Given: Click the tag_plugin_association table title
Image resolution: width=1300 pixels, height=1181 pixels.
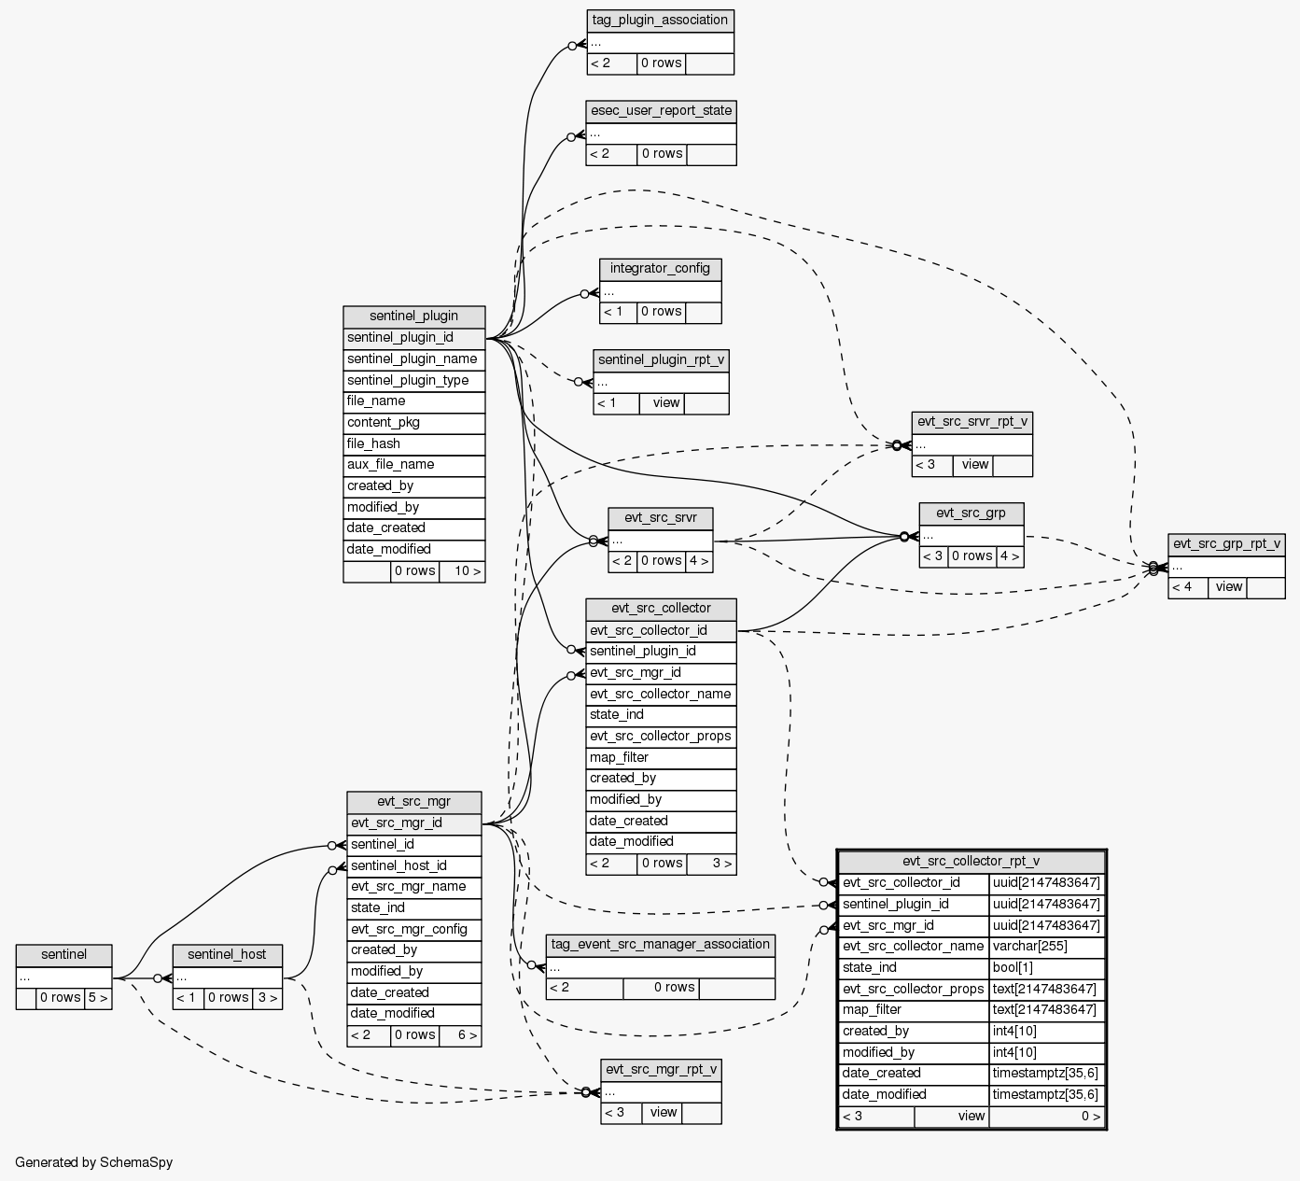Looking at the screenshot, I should [x=660, y=21].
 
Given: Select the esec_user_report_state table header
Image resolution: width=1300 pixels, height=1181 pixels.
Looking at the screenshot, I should [x=661, y=111].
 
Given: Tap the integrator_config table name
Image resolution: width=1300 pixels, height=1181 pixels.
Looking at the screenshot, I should [x=660, y=269].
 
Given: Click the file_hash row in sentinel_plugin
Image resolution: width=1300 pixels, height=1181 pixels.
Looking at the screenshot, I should [x=413, y=443].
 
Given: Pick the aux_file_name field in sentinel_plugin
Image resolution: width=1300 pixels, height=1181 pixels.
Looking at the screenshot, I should [x=413, y=465].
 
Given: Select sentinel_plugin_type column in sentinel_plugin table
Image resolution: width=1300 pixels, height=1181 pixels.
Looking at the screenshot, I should [x=413, y=380].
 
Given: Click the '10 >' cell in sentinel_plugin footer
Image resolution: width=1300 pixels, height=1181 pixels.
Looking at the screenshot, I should [x=462, y=571].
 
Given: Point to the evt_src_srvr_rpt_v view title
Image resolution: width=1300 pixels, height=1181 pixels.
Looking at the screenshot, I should [x=972, y=422].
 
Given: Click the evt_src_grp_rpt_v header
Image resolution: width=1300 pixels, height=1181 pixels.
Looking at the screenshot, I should [x=1226, y=544].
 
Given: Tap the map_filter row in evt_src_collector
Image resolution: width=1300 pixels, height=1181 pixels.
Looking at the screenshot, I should [x=661, y=757].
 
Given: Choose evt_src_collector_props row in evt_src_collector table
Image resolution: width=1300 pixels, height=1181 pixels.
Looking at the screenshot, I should [x=661, y=737].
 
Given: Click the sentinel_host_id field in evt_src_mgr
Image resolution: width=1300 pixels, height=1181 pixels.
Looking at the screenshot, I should [x=413, y=865].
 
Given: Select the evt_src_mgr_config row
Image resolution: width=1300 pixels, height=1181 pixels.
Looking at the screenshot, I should [x=413, y=929].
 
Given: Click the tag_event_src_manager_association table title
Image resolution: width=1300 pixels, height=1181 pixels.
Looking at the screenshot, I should [x=660, y=944].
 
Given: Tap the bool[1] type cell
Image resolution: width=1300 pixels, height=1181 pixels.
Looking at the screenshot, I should [x=1047, y=967].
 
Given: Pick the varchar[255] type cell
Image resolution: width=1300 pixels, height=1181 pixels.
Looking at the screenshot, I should [x=1047, y=946].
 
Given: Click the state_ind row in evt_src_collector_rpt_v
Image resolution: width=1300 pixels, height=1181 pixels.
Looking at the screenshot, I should [x=914, y=967].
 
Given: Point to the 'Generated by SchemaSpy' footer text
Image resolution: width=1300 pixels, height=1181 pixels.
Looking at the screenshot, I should [x=93, y=1162].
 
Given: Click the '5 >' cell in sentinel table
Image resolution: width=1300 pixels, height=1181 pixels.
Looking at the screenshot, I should [x=97, y=998].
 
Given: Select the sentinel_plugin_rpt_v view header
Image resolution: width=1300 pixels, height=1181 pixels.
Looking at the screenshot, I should [x=661, y=359].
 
